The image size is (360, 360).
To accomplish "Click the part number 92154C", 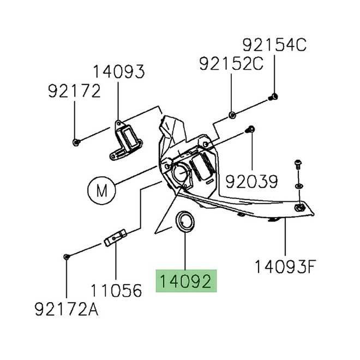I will [x=275, y=45].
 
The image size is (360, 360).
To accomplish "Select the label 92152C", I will [x=231, y=64].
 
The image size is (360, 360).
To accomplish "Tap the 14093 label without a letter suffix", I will [x=118, y=72].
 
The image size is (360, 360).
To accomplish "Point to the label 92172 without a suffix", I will [x=74, y=91].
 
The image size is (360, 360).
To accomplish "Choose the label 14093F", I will [x=285, y=267].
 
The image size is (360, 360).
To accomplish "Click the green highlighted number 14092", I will [x=186, y=283].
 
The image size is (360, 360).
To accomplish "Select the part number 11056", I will [x=116, y=290].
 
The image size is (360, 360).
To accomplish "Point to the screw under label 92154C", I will [x=274, y=97].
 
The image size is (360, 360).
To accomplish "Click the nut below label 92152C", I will [x=232, y=115].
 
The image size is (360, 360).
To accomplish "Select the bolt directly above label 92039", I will [x=250, y=130].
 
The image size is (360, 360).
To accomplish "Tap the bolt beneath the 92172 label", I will [x=75, y=142].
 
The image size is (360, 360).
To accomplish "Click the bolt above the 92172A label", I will [x=65, y=256].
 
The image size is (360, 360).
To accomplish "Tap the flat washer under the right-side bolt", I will [x=298, y=187].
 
